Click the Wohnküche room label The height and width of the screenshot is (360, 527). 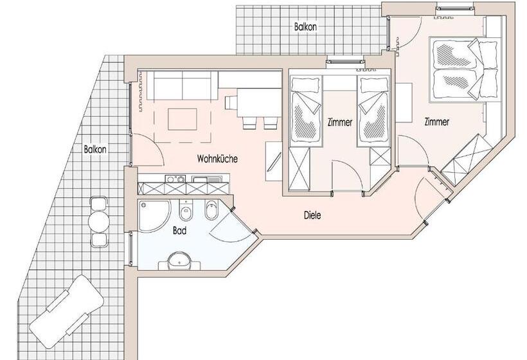click(x=218, y=158)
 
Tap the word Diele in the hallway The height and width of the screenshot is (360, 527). click(x=312, y=216)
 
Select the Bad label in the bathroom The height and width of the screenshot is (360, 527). click(x=180, y=230)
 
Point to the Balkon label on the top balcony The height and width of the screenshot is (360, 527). click(x=306, y=27)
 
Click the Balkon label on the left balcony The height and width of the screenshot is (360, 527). click(x=94, y=148)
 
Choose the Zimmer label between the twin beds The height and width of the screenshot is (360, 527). click(x=339, y=122)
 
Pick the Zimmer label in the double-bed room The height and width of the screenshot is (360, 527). click(x=436, y=122)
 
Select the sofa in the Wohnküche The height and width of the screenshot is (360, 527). click(x=182, y=85)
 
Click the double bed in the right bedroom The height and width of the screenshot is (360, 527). click(x=464, y=69)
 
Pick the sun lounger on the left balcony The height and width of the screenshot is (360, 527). click(x=66, y=309)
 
